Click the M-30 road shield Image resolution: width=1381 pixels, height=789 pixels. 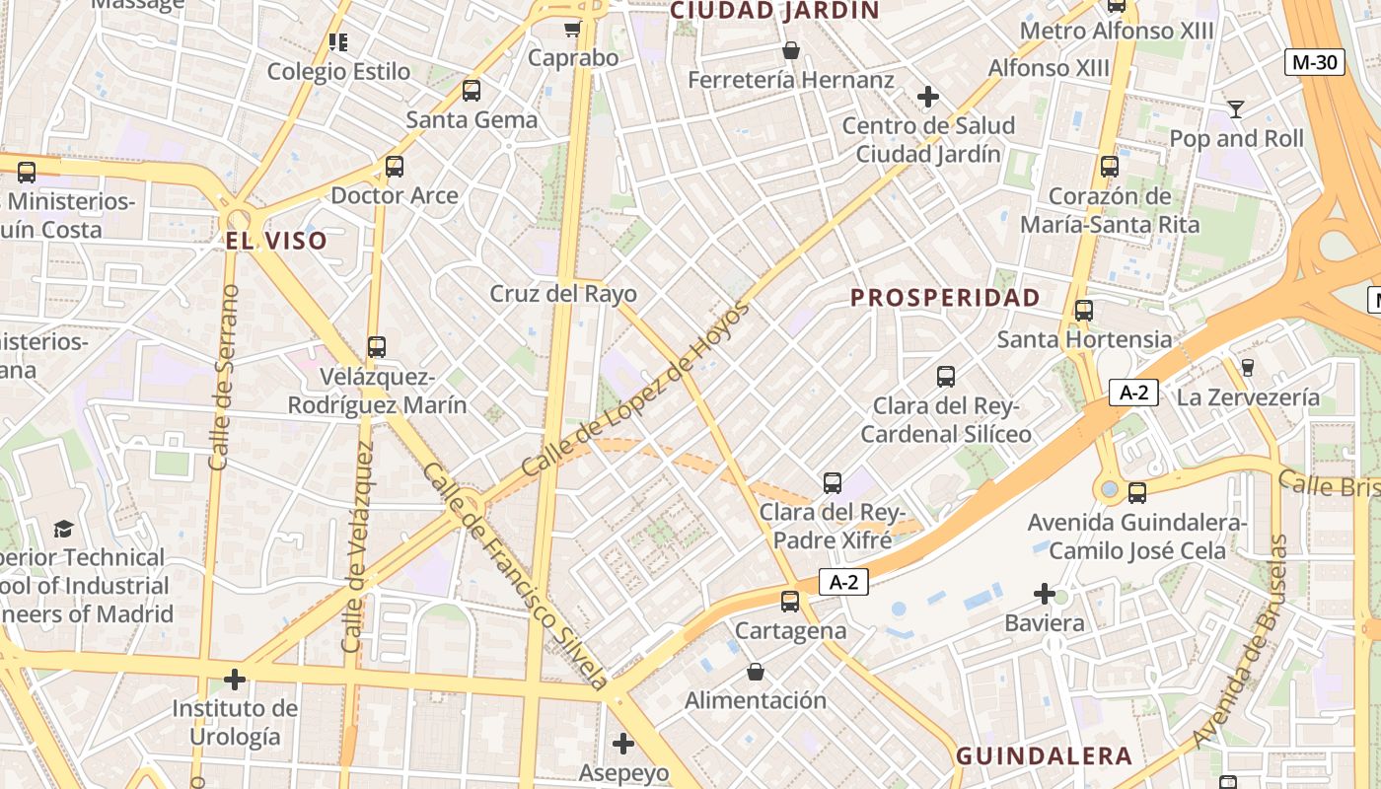(1317, 62)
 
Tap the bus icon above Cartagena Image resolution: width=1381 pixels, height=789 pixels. (789, 601)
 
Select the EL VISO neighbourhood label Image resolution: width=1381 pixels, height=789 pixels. (276, 241)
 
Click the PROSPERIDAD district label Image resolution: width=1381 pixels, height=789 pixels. (945, 298)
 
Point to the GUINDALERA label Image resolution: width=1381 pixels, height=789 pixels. (1044, 756)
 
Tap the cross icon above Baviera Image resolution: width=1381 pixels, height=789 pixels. (1045, 594)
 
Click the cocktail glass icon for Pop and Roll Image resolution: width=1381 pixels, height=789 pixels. (1235, 108)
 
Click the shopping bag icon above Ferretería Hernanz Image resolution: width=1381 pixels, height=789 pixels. (790, 49)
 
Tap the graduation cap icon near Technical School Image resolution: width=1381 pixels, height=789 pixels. (64, 529)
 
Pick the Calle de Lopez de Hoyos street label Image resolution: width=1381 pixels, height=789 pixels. (635, 390)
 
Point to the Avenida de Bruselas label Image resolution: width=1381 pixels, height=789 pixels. (1241, 641)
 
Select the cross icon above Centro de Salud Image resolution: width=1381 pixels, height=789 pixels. (927, 97)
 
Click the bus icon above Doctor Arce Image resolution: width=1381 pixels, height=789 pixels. (395, 167)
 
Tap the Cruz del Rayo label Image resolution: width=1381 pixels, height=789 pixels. (563, 294)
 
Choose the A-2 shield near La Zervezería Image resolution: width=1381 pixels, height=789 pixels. (1133, 393)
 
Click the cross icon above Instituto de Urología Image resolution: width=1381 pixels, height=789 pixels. (234, 680)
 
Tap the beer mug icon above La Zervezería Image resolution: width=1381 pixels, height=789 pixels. (1247, 368)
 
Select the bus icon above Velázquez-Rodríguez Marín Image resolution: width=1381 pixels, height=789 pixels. (376, 347)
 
